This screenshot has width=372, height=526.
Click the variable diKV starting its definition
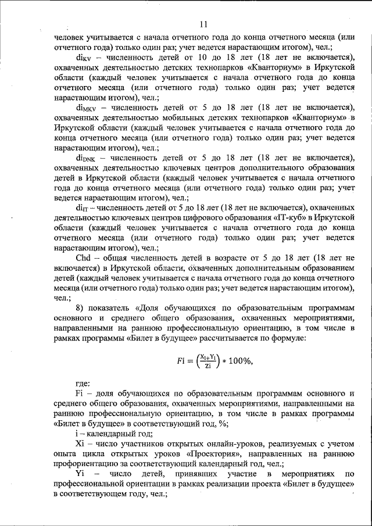coord(85,58)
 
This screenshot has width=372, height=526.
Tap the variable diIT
coord(83,207)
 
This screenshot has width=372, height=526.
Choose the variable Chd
coord(84,257)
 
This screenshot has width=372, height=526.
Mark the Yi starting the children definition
coord(80,474)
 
